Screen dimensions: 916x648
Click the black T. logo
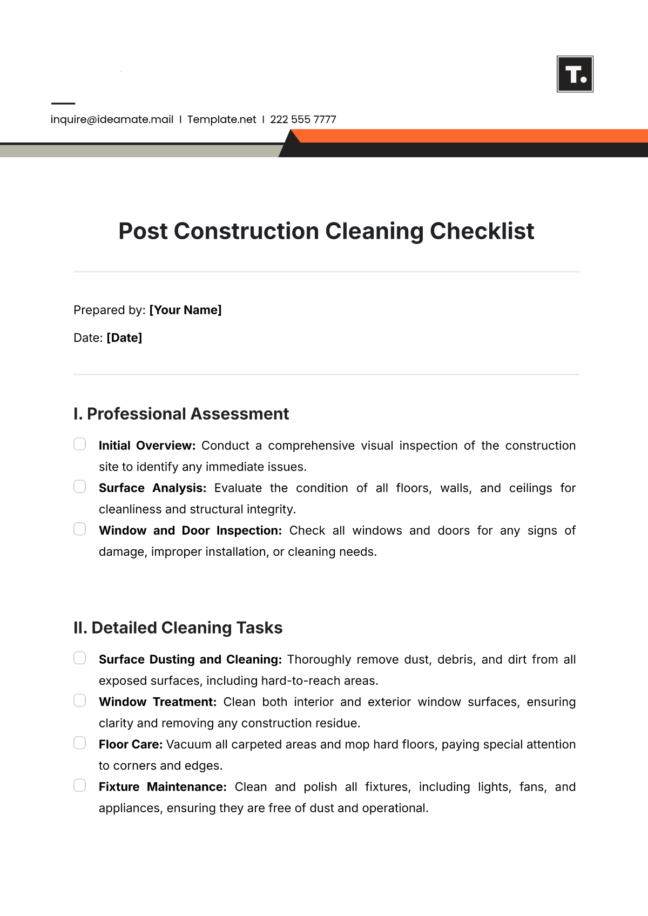coord(575,74)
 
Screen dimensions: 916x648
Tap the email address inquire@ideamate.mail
coord(112,119)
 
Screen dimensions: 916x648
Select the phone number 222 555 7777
coord(303,119)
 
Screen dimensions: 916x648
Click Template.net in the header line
coord(221,119)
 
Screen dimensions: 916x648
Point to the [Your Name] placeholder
coord(185,310)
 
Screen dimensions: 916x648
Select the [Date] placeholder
coord(124,338)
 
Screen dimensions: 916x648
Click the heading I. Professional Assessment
coord(181,414)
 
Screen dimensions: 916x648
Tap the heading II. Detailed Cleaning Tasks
coord(178,628)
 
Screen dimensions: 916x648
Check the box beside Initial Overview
coord(80,444)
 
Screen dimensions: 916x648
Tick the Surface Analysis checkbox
coord(80,487)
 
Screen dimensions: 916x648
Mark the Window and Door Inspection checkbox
coord(80,529)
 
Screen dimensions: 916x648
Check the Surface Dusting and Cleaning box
coord(80,658)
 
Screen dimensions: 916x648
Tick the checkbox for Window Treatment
coord(80,701)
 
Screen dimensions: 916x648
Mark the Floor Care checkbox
coord(80,743)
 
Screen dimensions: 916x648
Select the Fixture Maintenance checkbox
coord(80,785)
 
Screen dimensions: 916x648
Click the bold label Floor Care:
coord(131,744)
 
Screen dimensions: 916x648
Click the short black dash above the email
coord(63,103)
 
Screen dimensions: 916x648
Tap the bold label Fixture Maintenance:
coord(163,787)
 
